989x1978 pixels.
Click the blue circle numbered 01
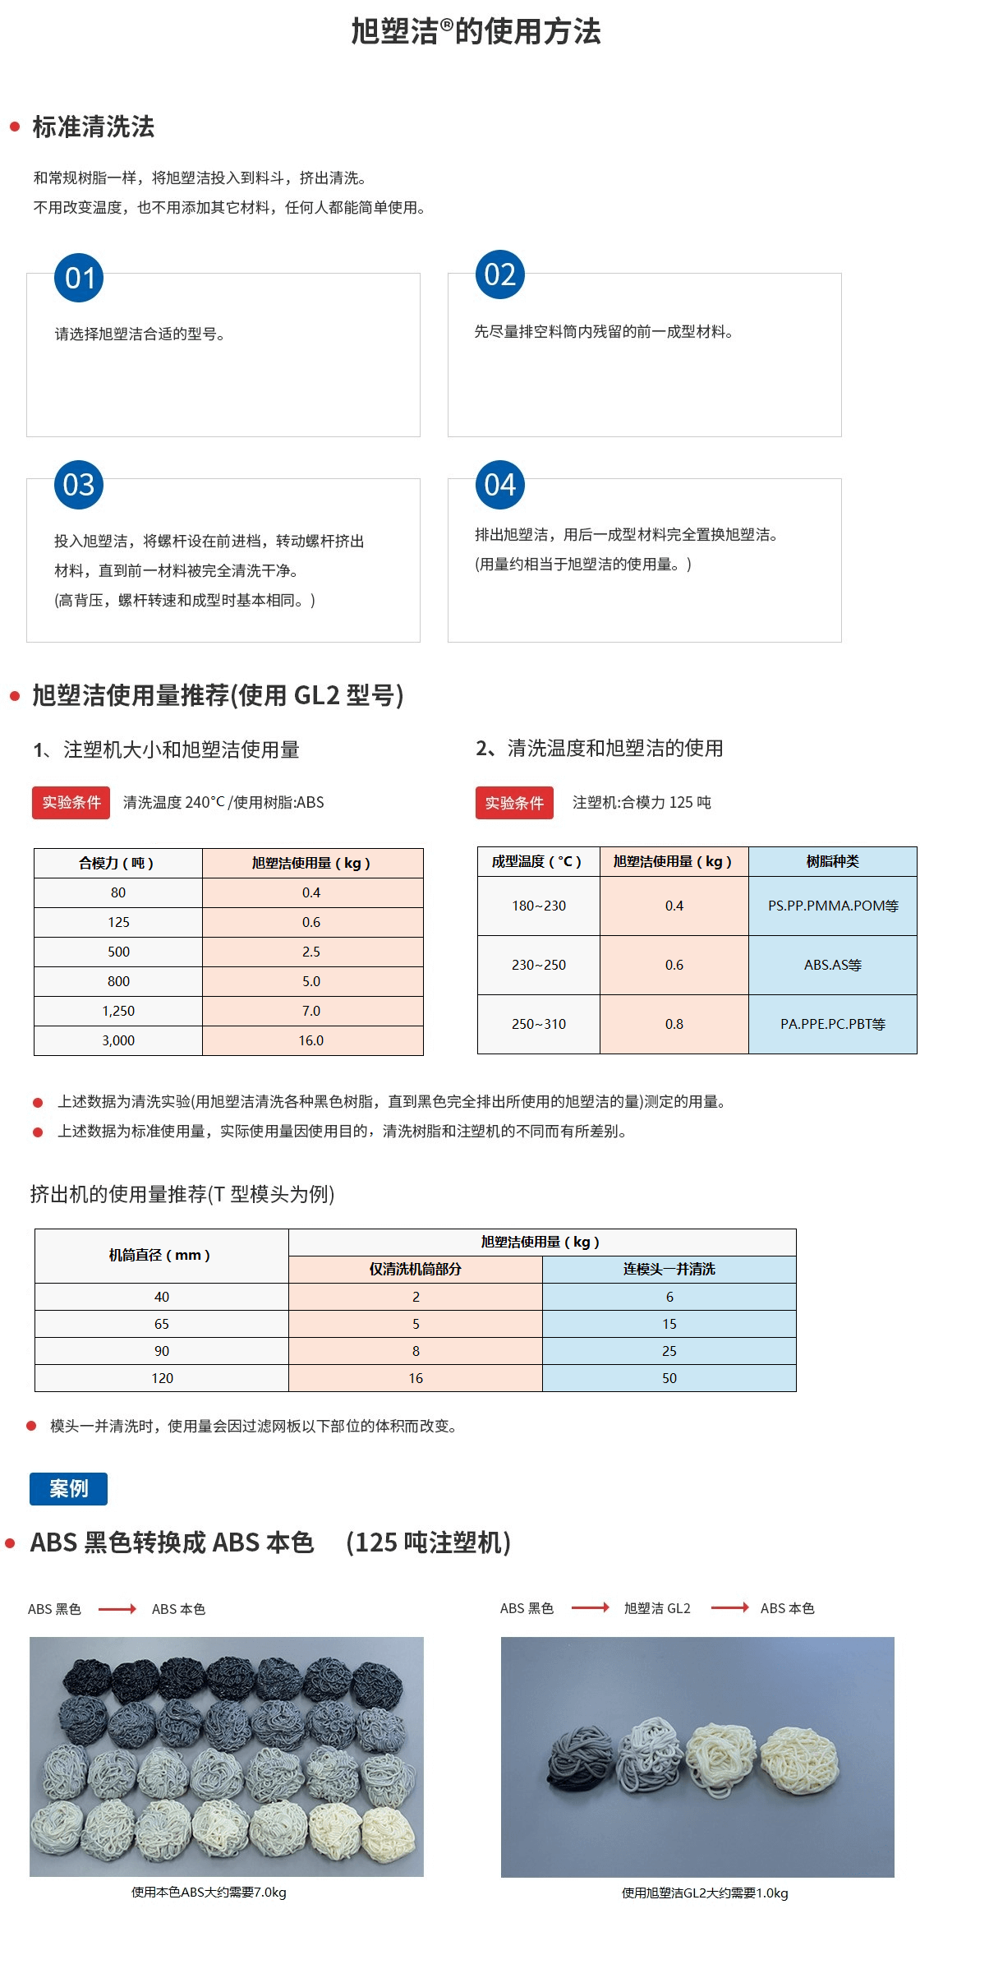(79, 278)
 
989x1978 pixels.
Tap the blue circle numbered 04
(499, 485)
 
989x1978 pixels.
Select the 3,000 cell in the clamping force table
(118, 1040)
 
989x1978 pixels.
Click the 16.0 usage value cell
(311, 1040)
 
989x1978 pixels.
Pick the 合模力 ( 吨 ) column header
(117, 863)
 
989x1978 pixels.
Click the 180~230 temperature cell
(538, 906)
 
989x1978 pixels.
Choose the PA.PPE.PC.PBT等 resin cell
(832, 1024)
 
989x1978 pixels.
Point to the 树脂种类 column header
(832, 861)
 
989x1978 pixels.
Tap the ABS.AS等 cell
(832, 965)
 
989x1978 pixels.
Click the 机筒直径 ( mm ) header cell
(161, 1255)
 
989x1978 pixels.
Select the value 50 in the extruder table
(669, 1378)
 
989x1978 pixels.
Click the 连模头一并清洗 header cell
(669, 1269)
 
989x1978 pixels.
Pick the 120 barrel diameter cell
(162, 1378)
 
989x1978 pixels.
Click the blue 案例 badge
(68, 1488)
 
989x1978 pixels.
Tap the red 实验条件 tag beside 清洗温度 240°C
(71, 802)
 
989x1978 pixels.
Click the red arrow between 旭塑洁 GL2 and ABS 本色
(729, 1607)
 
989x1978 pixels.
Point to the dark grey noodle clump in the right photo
(581, 1758)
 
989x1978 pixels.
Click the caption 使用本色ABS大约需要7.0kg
(209, 1892)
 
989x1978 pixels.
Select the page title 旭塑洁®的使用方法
(476, 31)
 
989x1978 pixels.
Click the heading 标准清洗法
(93, 127)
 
